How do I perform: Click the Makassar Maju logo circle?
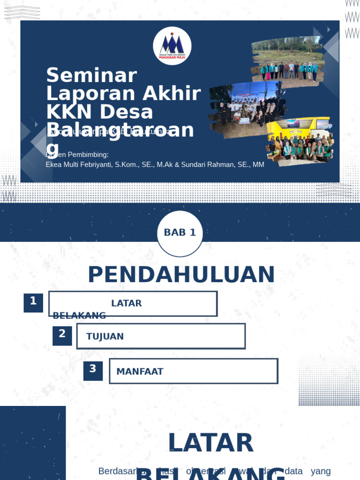point(172,45)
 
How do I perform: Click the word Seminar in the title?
point(91,75)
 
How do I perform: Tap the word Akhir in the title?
point(172,94)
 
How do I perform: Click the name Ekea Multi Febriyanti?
point(78,165)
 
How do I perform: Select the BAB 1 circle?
point(180,233)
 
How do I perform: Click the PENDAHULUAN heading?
point(181,275)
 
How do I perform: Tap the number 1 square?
point(33,302)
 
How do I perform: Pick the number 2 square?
point(62,335)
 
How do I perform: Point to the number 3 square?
point(93,370)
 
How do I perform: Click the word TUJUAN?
point(105,337)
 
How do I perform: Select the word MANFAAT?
point(140,372)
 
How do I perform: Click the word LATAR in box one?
point(127,303)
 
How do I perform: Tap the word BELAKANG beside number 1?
point(79,315)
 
